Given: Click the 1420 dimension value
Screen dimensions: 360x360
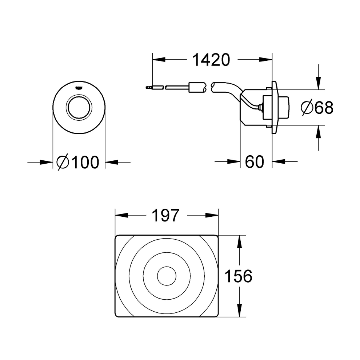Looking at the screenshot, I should pos(211,60).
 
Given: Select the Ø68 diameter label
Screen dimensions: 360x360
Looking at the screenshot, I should pos(317,108).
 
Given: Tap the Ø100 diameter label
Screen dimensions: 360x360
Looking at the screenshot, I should pos(78,162).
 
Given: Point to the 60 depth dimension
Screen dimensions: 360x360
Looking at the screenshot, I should pos(254,162).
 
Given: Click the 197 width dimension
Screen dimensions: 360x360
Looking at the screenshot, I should pos(166,216).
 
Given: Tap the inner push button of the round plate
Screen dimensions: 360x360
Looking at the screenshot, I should pos(79,108).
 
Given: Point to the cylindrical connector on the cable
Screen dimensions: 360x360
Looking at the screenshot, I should pos(196,87).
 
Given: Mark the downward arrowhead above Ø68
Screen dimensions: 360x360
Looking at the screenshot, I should pos(318,84).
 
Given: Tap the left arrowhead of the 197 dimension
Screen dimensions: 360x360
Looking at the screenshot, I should pos(122,215).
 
